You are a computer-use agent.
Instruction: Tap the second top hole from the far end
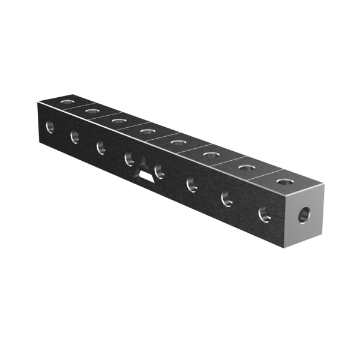[x=92, y=111]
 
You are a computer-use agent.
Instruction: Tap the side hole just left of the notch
[x=128, y=159]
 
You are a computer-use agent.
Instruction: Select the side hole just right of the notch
[x=160, y=171]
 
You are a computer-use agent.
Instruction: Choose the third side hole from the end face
[x=192, y=184]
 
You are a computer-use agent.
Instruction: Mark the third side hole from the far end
[x=100, y=147]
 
